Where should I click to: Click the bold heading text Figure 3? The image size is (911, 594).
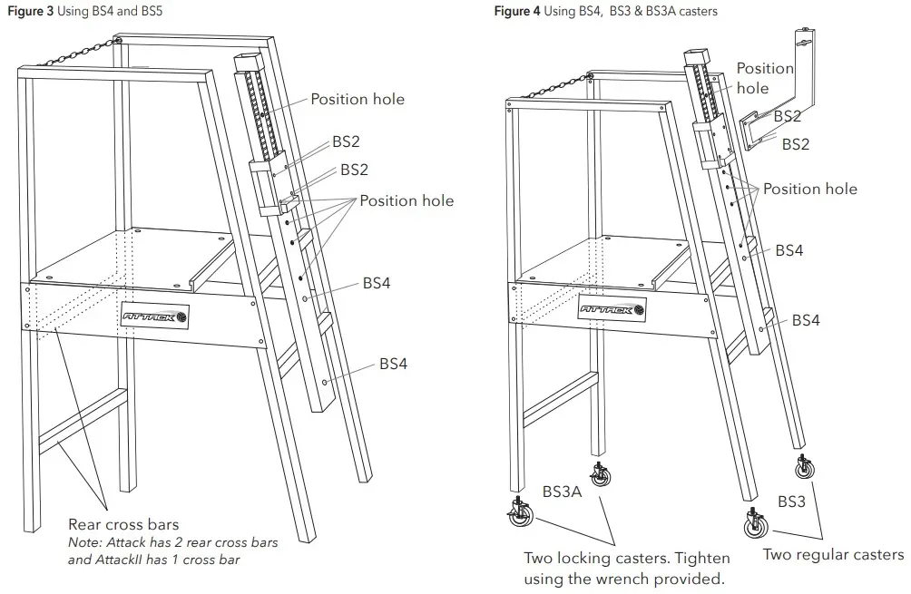29,11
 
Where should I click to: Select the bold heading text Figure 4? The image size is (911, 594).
517,11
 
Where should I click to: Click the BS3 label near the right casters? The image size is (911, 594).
791,501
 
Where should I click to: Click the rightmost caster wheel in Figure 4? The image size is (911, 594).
804,469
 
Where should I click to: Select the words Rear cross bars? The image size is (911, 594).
123,524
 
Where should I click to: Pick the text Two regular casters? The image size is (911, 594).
832,554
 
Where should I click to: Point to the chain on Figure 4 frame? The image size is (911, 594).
549,86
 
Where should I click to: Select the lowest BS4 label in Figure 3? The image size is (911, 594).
393,364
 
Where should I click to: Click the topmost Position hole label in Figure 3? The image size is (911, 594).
358,99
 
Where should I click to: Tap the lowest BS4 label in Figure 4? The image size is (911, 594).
806,320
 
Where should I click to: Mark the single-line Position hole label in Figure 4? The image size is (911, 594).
809,189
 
